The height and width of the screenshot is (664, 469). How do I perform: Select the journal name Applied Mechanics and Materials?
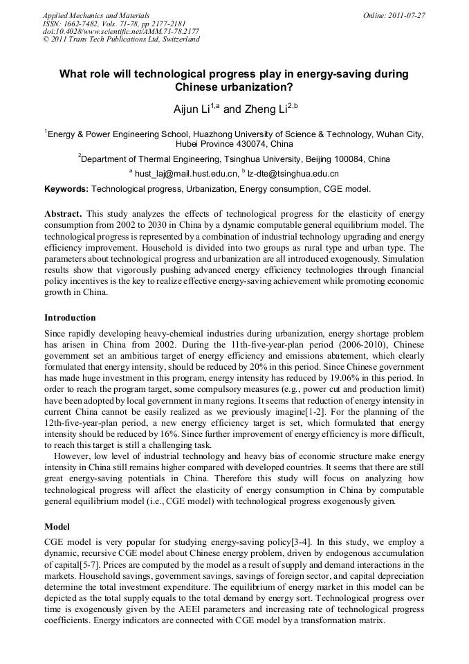click(96, 15)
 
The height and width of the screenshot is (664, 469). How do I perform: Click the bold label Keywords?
click(66, 188)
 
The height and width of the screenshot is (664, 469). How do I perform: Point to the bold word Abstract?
click(64, 215)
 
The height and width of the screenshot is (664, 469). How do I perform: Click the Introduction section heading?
click(70, 318)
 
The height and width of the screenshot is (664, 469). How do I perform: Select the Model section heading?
click(57, 527)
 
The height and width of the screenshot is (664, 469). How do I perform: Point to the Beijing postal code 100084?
click(329, 159)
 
